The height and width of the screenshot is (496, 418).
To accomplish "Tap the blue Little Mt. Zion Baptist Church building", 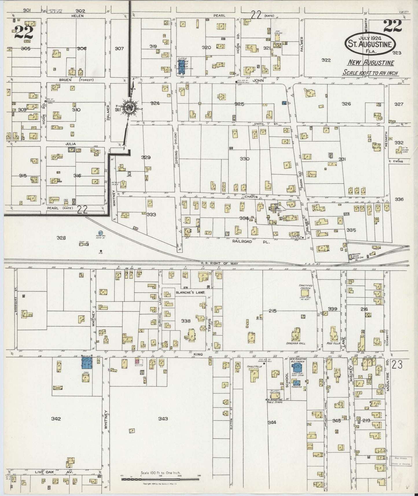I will click(182, 67).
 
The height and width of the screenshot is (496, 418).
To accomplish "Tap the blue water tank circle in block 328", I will click(101, 232).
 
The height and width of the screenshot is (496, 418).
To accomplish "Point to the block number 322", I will click(326, 60).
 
